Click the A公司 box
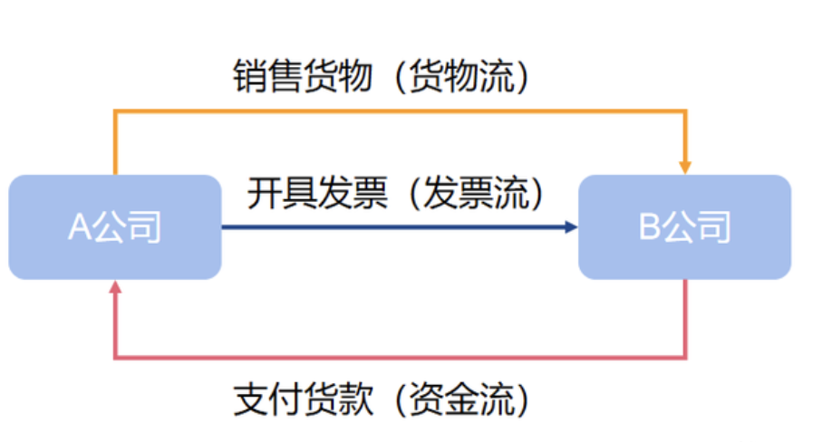115,226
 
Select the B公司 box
684,226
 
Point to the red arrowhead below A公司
115,287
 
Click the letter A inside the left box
79,227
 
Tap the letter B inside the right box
649,227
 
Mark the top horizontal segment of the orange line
399,110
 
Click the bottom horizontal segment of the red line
399,358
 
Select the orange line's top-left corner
115,110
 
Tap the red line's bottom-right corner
686,358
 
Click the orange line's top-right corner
686,110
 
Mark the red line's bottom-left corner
115,358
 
